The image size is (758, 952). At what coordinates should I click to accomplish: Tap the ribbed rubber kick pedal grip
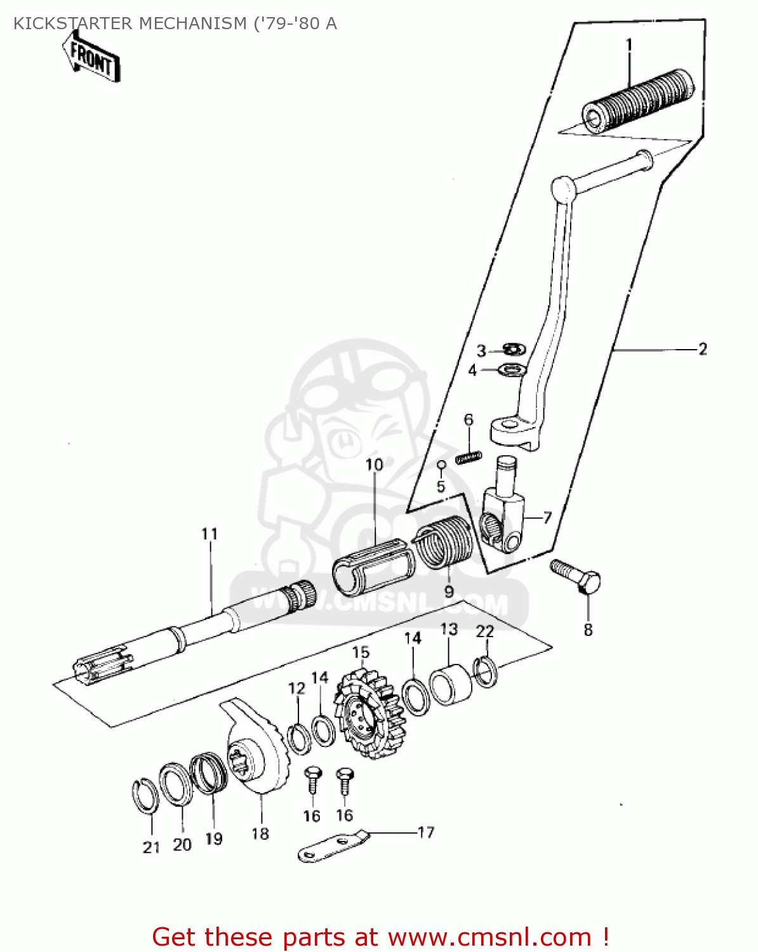pyautogui.click(x=638, y=102)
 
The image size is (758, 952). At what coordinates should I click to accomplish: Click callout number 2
pyautogui.click(x=702, y=349)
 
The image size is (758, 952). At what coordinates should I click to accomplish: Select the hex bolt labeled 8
pyautogui.click(x=576, y=575)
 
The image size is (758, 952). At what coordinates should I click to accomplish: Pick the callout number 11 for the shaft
pyautogui.click(x=209, y=534)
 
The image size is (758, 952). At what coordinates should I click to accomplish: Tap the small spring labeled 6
pyautogui.click(x=469, y=456)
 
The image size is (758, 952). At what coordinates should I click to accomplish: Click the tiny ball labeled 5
pyautogui.click(x=441, y=465)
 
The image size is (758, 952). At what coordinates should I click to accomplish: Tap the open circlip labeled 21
pyautogui.click(x=144, y=795)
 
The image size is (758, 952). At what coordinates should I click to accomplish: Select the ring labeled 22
pyautogui.click(x=486, y=671)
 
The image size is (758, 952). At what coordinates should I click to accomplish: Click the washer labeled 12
pyautogui.click(x=299, y=738)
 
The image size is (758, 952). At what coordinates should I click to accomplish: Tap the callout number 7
pyautogui.click(x=547, y=518)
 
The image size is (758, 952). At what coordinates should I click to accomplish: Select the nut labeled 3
pyautogui.click(x=513, y=348)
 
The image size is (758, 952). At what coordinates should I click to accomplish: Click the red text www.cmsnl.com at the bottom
pyautogui.click(x=489, y=937)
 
